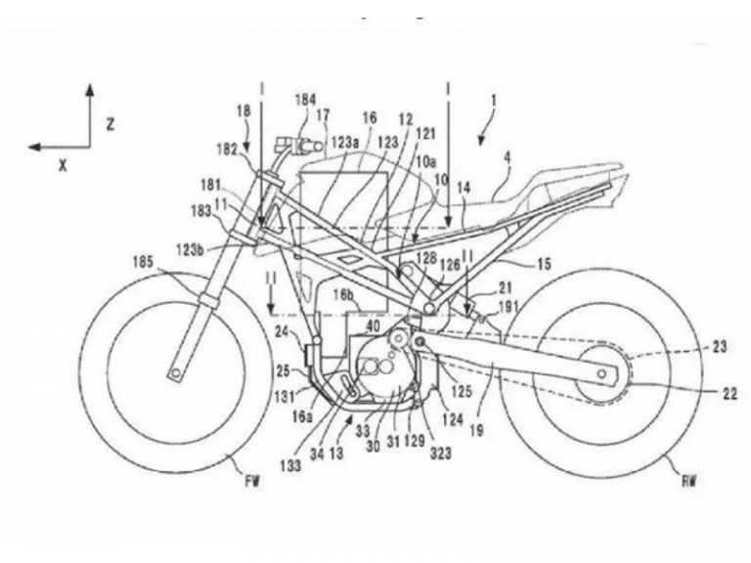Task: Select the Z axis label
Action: point(111,124)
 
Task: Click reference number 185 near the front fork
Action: point(149,261)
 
